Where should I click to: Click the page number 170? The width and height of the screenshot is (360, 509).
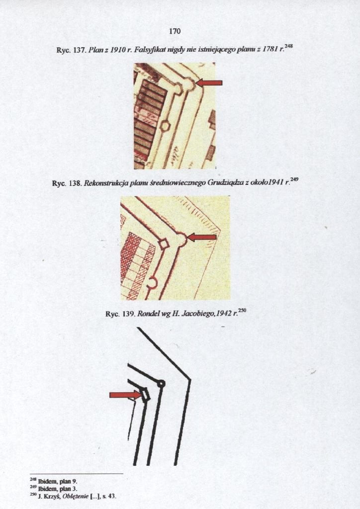pyautogui.click(x=175, y=31)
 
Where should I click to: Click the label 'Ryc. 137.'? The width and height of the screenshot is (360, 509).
pyautogui.click(x=71, y=51)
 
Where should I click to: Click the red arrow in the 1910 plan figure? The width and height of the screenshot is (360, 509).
pyautogui.click(x=209, y=83)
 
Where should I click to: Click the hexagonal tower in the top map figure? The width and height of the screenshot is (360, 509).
pyautogui.click(x=165, y=125)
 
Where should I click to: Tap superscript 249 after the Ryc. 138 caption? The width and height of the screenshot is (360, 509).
pyautogui.click(x=294, y=179)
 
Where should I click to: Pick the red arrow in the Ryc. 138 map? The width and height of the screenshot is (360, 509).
pyautogui.click(x=202, y=237)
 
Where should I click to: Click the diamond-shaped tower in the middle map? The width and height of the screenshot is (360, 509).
pyautogui.click(x=164, y=243)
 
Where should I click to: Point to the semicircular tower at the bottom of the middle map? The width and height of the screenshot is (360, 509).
pyautogui.click(x=152, y=283)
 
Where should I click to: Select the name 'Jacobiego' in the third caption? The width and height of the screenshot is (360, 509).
pyautogui.click(x=197, y=314)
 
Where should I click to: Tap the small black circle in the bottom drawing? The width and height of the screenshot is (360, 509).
pyautogui.click(x=161, y=384)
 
